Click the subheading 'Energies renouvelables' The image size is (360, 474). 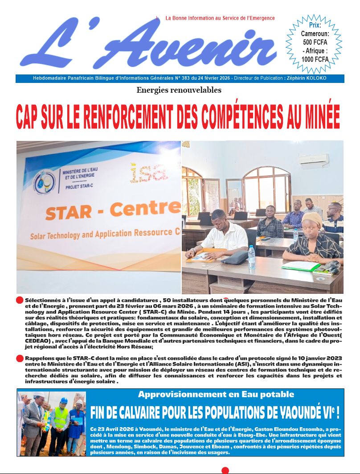[x=179, y=91]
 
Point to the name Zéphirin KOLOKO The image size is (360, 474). [x=308, y=78]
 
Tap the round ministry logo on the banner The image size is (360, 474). [x=45, y=182]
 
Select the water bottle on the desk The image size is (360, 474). [x=252, y=256]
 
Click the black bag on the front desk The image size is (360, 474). [x=235, y=257]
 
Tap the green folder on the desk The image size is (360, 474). [x=301, y=266]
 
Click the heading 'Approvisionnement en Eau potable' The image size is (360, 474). [x=216, y=394]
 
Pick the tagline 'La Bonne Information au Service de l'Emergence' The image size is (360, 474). [x=220, y=18]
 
